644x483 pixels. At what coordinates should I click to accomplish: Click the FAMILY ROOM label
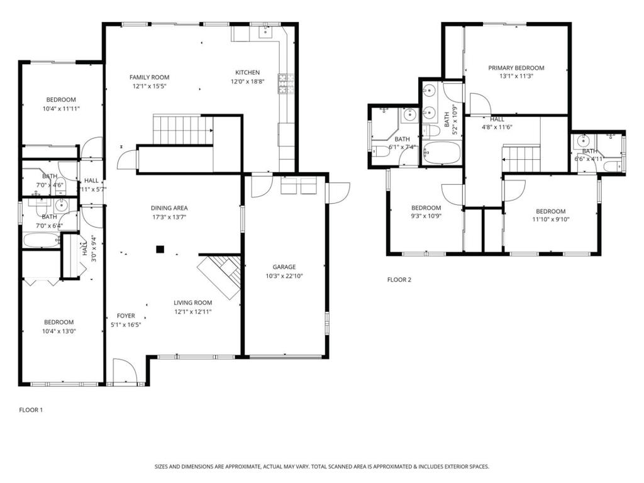click(150, 77)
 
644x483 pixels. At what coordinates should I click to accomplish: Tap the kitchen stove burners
click(287, 84)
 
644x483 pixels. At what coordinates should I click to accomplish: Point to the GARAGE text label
click(284, 267)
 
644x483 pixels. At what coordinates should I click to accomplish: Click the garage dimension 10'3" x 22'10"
click(284, 275)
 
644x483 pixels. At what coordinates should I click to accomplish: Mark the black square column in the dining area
click(160, 249)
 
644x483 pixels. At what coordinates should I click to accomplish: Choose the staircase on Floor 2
click(521, 158)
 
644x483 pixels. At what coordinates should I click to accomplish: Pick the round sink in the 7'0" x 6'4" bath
click(62, 205)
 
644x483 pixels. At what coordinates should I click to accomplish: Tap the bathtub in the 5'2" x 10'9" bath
click(441, 153)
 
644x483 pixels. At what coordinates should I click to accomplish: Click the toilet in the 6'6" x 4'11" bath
click(614, 166)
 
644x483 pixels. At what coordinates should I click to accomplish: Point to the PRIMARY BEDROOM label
click(516, 68)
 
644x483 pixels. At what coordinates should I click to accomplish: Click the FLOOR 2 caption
click(399, 280)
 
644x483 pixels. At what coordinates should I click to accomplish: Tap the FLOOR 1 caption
click(31, 410)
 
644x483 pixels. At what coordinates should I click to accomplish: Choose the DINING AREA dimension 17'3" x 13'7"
click(169, 217)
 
